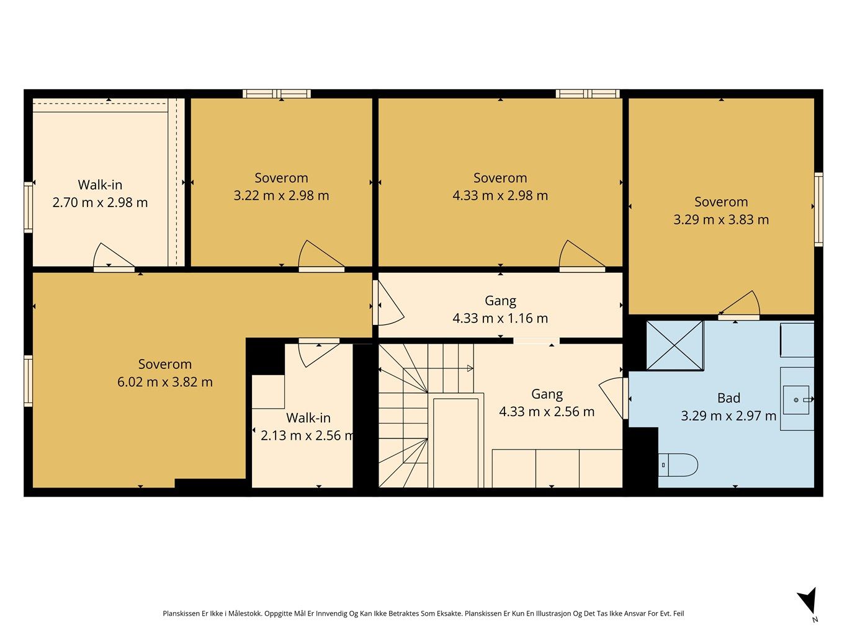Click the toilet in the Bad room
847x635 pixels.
pyautogui.click(x=678, y=465)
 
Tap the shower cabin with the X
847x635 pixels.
pyautogui.click(x=674, y=345)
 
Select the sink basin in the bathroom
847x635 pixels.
pyautogui.click(x=795, y=400)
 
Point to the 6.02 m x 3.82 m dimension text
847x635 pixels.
pyautogui.click(x=165, y=382)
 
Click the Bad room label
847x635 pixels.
pyautogui.click(x=728, y=398)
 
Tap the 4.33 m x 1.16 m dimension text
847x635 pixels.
pyautogui.click(x=500, y=318)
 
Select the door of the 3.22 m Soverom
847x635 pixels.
pyautogui.click(x=321, y=256)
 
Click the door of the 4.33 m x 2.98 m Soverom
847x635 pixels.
pyautogui.click(x=581, y=256)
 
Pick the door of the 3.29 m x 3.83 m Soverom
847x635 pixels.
pyautogui.click(x=739, y=305)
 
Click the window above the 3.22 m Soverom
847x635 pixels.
pyautogui.click(x=277, y=94)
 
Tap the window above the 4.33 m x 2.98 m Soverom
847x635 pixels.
pyautogui.click(x=588, y=94)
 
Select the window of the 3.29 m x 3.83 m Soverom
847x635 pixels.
pyautogui.click(x=818, y=210)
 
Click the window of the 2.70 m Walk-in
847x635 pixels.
pyautogui.click(x=28, y=207)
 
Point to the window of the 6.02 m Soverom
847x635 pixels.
pyautogui.click(x=28, y=381)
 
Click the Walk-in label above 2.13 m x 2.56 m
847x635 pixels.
pyautogui.click(x=308, y=417)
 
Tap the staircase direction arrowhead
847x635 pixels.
pyautogui.click(x=470, y=368)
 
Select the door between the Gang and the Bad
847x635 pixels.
pyautogui.click(x=614, y=398)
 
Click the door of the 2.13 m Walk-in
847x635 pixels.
pyautogui.click(x=319, y=352)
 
